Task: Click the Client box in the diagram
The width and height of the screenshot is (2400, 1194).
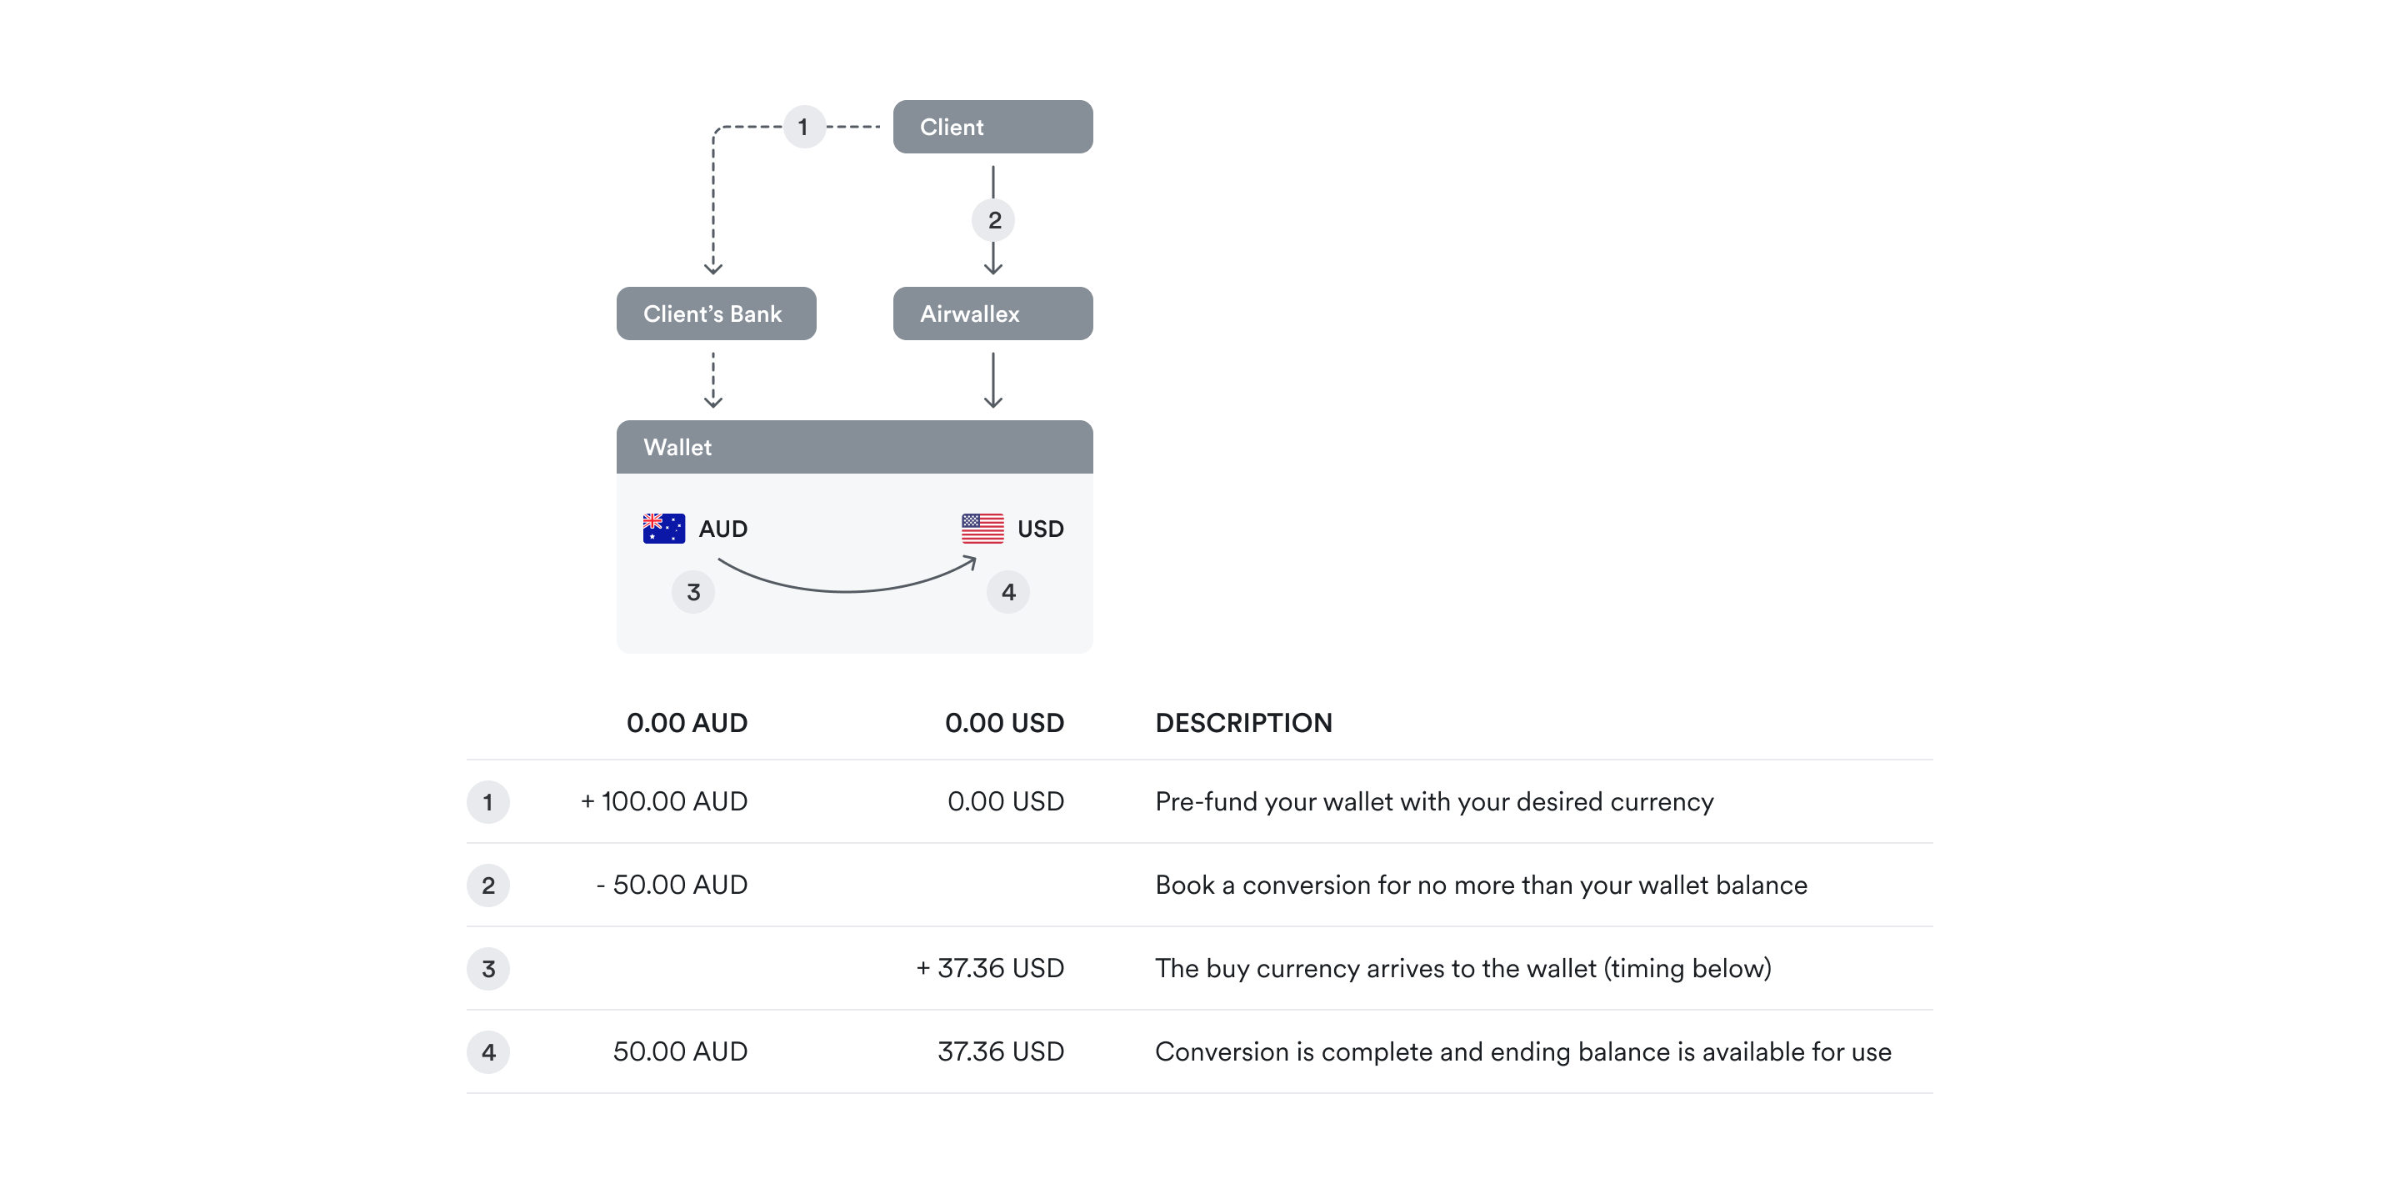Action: click(x=992, y=127)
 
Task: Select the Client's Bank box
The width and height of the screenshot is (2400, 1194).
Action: click(x=716, y=314)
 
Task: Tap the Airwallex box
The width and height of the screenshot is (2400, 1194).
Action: click(x=992, y=314)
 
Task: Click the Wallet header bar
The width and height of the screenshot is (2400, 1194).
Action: click(x=854, y=448)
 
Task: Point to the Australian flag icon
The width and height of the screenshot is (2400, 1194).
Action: click(x=663, y=529)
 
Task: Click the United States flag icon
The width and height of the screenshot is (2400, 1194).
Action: click(x=982, y=529)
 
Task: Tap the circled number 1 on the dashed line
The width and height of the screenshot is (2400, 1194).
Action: click(x=804, y=127)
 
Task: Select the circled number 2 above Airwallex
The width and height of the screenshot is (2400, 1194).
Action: click(x=994, y=221)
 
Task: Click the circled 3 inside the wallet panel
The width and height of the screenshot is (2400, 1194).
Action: click(x=693, y=592)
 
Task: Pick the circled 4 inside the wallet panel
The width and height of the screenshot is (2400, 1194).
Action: click(x=1008, y=592)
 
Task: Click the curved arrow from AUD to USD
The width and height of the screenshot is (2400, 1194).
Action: click(x=846, y=587)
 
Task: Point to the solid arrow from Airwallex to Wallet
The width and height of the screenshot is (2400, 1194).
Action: click(x=993, y=380)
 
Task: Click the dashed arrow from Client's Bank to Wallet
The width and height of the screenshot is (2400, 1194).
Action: click(x=713, y=380)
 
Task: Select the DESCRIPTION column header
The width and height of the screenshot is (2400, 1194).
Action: click(x=1242, y=723)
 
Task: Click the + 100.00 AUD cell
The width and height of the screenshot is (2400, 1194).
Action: click(x=663, y=801)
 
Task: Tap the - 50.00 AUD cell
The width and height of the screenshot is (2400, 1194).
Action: click(x=672, y=885)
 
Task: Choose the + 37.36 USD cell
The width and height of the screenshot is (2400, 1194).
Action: click(x=989, y=968)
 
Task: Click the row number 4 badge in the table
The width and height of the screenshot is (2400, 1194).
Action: click(x=488, y=1052)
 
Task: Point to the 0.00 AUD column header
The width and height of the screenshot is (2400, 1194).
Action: click(x=687, y=723)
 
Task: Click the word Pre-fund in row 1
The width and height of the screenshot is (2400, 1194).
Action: click(x=1205, y=801)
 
